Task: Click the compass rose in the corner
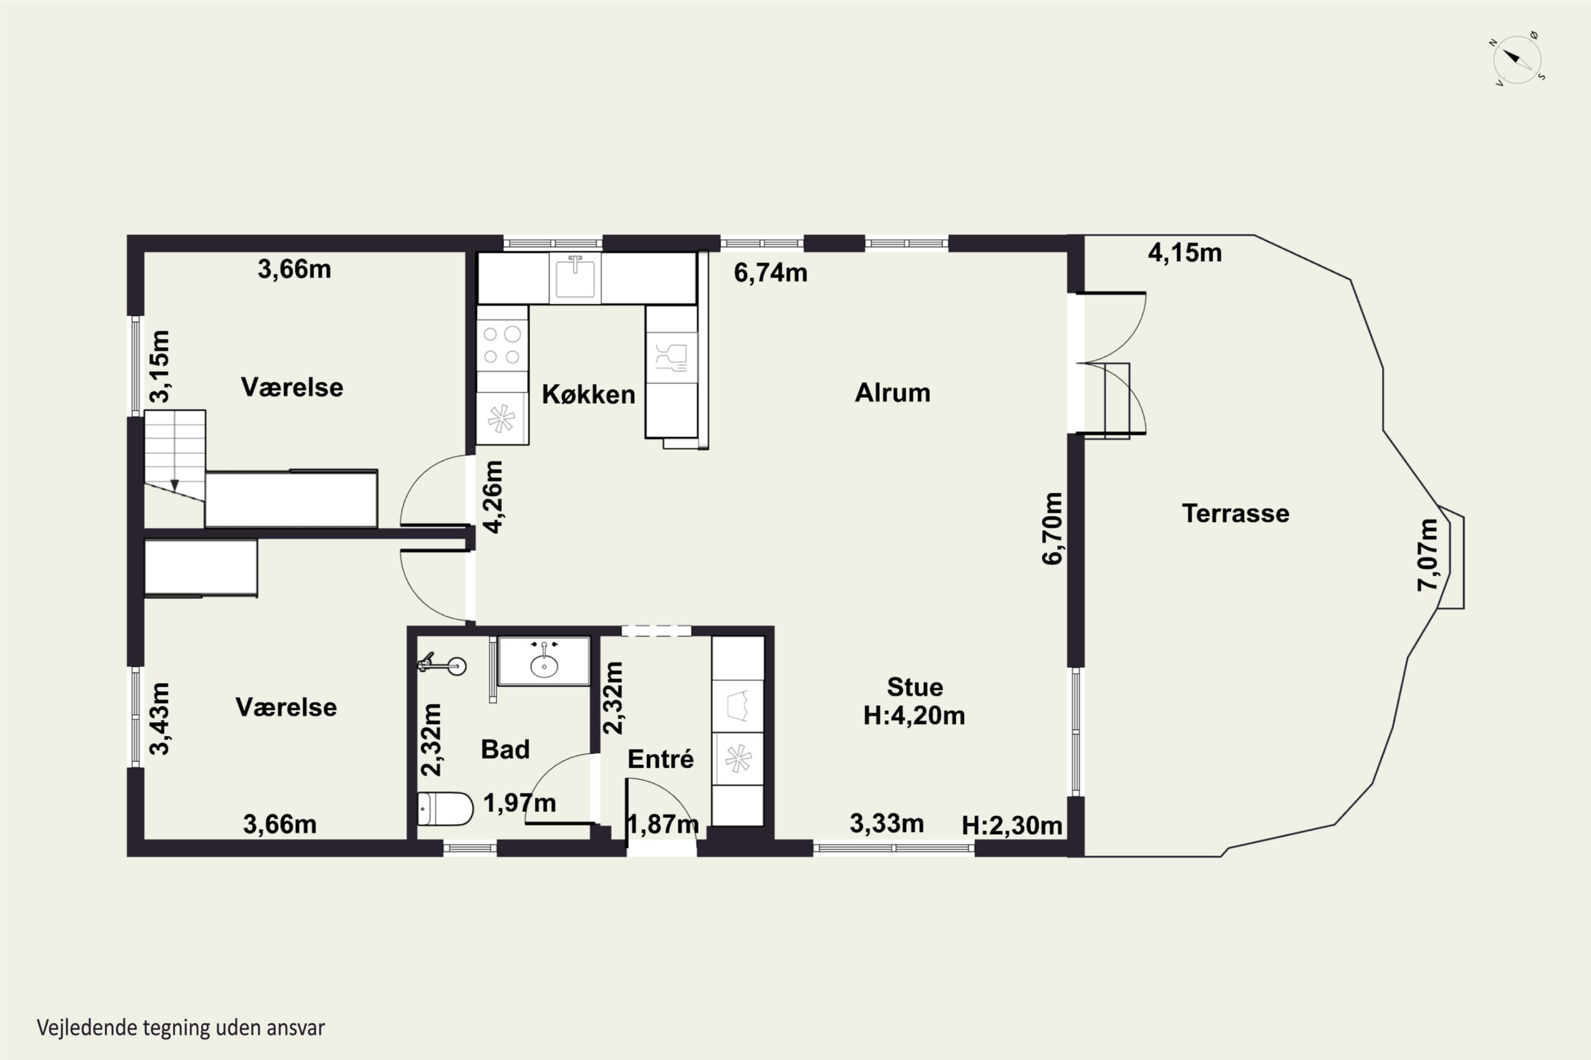click(1517, 59)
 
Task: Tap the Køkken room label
click(589, 395)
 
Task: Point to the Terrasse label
click(1235, 513)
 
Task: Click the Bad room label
click(505, 749)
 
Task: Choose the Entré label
click(660, 758)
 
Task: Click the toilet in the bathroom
click(444, 809)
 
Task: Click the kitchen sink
click(575, 278)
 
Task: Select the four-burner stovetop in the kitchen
click(502, 345)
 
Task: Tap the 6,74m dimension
click(771, 272)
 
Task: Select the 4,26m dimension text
click(493, 497)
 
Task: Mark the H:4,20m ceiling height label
click(914, 715)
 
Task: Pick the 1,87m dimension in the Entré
click(663, 824)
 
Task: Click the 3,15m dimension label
click(160, 366)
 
